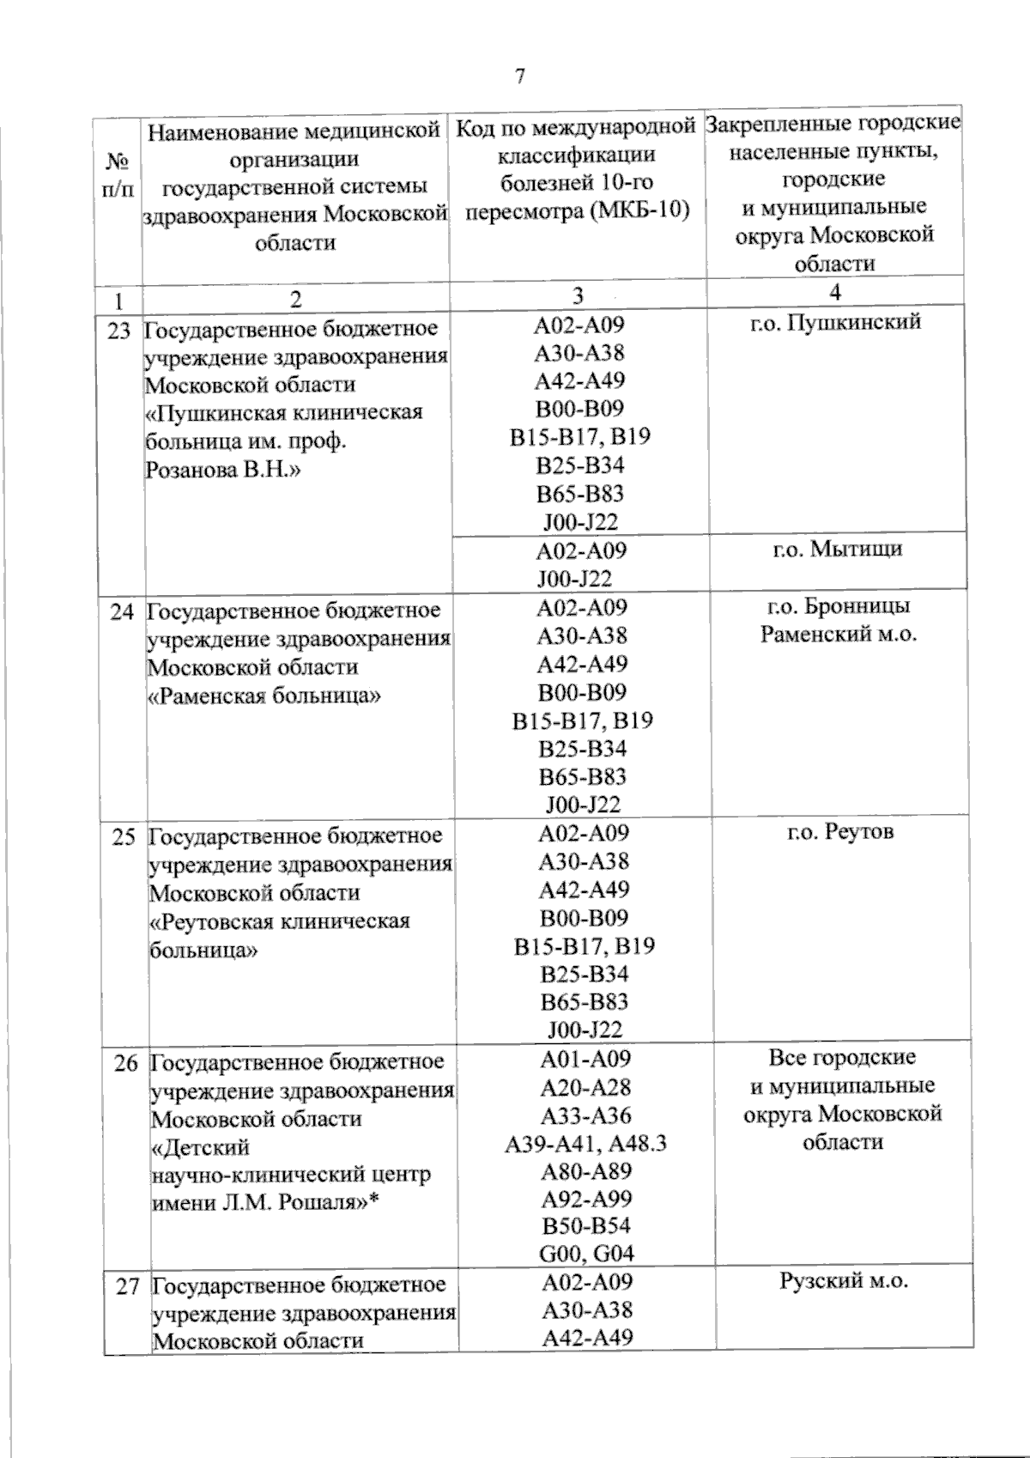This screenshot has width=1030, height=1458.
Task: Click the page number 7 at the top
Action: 518,76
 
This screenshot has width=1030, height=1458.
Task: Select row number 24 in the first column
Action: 122,612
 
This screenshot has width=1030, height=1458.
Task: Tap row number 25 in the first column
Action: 124,836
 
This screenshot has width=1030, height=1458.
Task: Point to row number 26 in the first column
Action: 125,1063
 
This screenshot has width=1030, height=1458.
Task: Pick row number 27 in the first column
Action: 127,1287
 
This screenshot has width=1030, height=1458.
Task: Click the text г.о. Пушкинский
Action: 835,323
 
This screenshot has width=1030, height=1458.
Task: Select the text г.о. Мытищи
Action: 838,549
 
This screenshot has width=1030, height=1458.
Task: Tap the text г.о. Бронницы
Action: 838,606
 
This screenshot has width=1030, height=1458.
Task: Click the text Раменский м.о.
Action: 839,635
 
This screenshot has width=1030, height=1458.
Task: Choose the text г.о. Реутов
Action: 840,832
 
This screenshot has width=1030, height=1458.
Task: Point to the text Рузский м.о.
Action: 843,1282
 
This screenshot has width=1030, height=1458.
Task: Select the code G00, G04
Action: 586,1254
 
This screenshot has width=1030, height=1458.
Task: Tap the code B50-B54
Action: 586,1226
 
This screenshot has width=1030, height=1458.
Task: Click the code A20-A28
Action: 585,1088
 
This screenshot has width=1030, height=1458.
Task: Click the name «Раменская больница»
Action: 264,696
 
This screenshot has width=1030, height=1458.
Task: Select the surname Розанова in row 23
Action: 189,471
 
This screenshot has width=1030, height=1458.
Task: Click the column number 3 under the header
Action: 578,296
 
